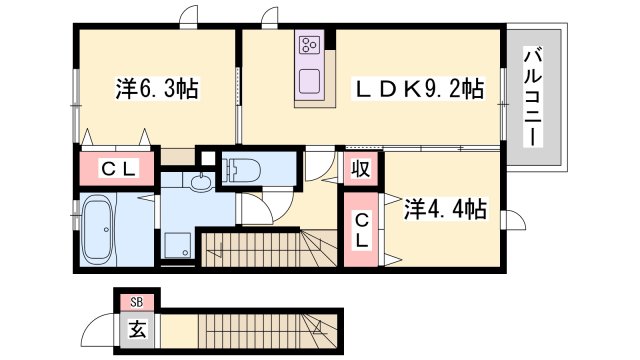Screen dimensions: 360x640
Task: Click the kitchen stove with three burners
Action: coord(308,44)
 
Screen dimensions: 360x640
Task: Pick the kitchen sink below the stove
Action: coord(308,79)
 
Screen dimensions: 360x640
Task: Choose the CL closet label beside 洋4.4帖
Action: coord(362,229)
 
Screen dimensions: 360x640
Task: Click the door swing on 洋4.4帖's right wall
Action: coord(513,221)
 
